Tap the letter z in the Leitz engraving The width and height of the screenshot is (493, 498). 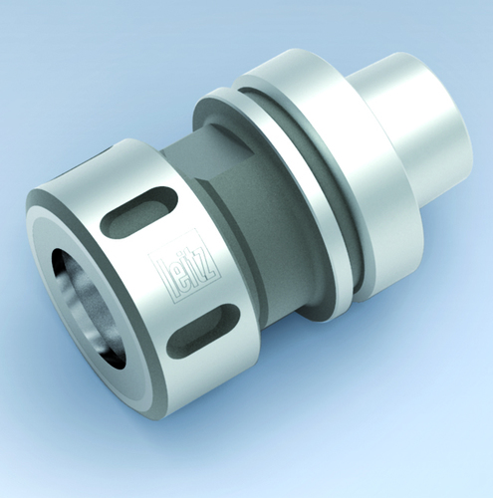click(x=209, y=266)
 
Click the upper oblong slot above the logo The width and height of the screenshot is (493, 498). click(x=138, y=212)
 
